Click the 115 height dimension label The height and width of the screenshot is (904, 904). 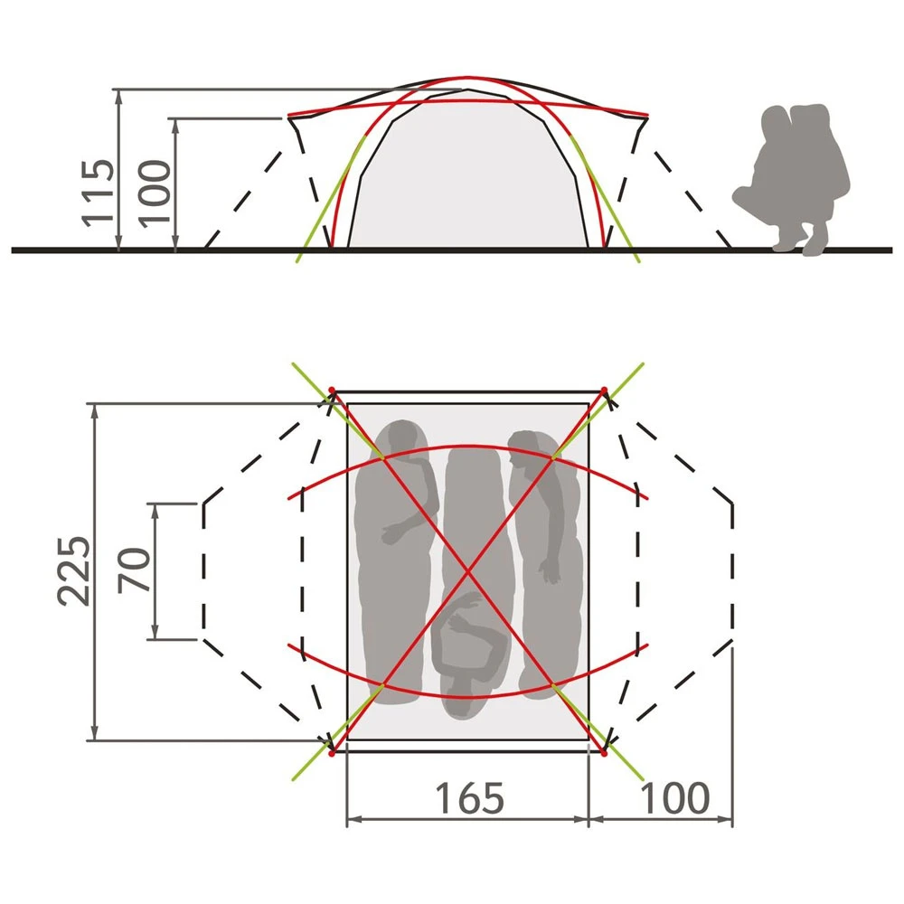point(98,192)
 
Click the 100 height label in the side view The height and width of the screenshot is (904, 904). point(155,193)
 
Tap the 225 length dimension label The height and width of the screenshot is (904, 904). point(74,570)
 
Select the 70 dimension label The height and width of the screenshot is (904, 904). point(134,570)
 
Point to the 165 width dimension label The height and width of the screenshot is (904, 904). point(468,798)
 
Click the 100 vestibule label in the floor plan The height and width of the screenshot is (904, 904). point(674,798)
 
